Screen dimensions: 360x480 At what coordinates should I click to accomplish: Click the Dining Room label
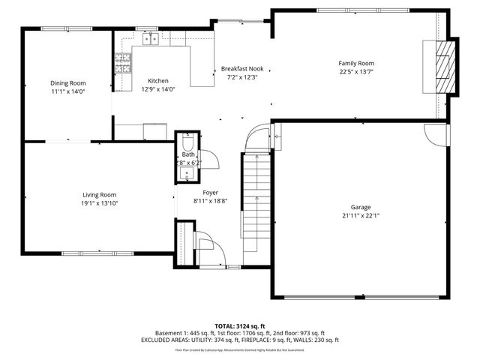(68, 82)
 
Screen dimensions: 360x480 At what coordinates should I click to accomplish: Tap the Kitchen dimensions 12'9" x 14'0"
(158, 88)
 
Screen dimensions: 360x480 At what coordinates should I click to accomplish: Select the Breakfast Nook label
(241, 68)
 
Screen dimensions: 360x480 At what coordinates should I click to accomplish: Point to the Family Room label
(356, 64)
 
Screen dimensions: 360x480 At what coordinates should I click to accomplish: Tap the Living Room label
(99, 194)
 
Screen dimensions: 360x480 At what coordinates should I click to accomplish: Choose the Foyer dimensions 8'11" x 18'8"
(211, 201)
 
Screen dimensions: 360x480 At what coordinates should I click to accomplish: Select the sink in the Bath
(187, 174)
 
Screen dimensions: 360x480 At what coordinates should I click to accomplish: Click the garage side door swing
(433, 134)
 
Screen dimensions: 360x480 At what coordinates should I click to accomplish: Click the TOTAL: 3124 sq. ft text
(240, 326)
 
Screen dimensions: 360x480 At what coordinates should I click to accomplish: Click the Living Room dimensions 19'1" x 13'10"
(99, 202)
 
